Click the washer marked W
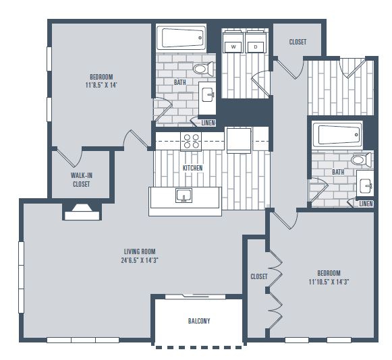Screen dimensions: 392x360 coord(233,42)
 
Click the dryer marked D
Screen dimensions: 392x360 coord(255,42)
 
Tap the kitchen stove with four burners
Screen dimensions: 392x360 coord(191,142)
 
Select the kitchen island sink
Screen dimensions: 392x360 coord(184,195)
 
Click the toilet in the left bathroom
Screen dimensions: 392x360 coord(203,69)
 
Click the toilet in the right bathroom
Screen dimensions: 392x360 coord(361,159)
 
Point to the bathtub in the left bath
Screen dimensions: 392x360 coord(181,38)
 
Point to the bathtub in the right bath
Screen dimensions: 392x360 coord(337,135)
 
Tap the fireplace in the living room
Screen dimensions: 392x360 coord(82,212)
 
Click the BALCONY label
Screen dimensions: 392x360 coord(199,321)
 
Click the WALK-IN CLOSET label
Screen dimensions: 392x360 coord(82,179)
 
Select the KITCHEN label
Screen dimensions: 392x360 coord(192,168)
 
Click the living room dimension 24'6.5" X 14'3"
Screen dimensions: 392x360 coord(140,260)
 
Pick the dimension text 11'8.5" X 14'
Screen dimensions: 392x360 coord(101,85)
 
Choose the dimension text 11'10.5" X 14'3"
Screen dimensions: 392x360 coord(329,282)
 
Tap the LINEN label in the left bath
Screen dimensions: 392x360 coord(208,123)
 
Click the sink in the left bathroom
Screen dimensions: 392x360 coord(208,94)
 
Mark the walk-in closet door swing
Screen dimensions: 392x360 coord(69,157)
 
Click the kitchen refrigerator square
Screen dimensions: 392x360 coord(239,140)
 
